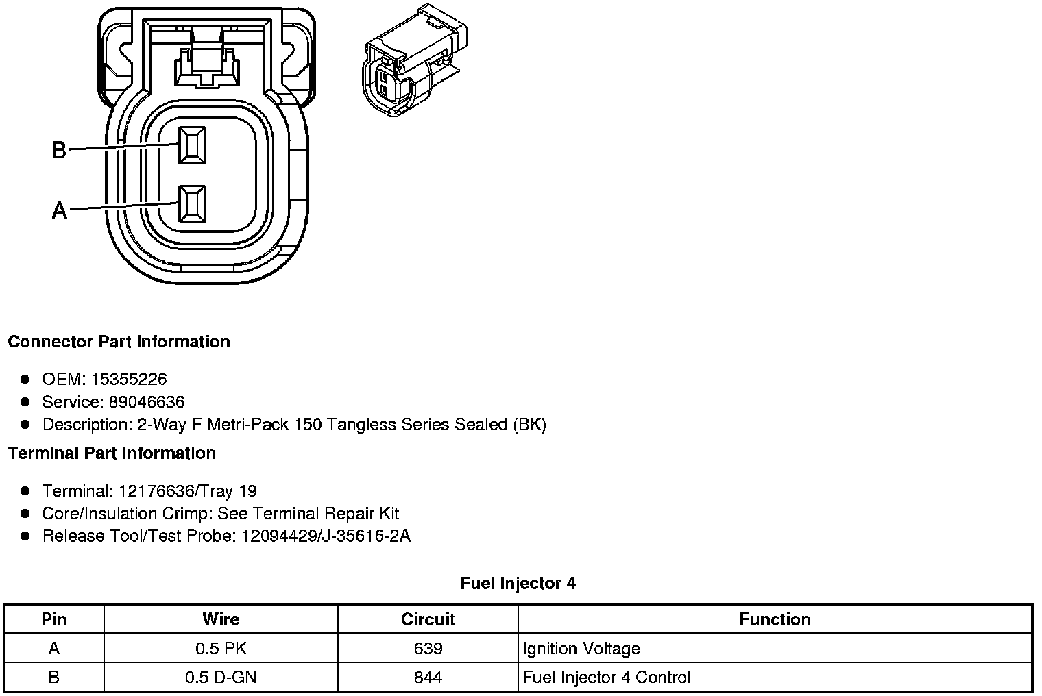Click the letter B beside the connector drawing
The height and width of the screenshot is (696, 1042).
(x=60, y=149)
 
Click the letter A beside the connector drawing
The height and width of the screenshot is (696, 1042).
(x=60, y=210)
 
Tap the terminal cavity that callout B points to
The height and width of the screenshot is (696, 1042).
(x=191, y=145)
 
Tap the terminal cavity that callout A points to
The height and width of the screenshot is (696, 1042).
(x=191, y=203)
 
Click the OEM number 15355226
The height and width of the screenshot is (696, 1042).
(x=133, y=379)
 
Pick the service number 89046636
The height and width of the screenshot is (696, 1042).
(x=146, y=401)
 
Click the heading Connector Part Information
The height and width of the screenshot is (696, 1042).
(x=119, y=341)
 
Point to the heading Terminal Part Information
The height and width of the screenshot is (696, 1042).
(x=112, y=453)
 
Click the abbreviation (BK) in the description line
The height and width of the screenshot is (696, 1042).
(x=529, y=424)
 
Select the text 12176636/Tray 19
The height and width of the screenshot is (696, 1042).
(x=187, y=490)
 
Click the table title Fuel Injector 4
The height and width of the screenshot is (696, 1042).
(x=518, y=583)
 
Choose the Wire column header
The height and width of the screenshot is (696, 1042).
(x=221, y=619)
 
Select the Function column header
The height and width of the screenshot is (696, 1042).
(x=775, y=619)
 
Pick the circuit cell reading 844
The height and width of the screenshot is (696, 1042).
(x=428, y=678)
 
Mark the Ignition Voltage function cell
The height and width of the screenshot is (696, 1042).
(x=581, y=648)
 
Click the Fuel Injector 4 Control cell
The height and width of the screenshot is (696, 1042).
(x=607, y=678)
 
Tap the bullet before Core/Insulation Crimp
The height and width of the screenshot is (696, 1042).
(x=25, y=513)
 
